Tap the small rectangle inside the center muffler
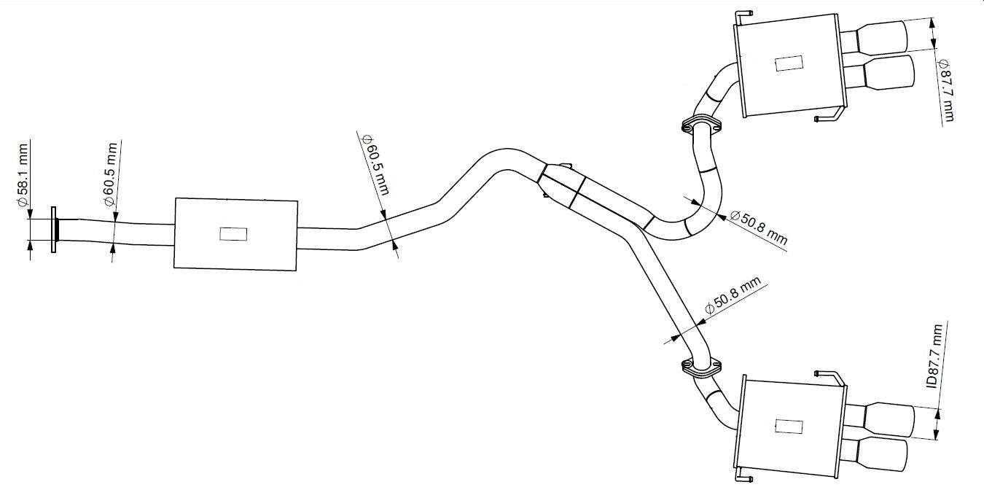coord(233,234)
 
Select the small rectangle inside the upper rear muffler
coord(789,64)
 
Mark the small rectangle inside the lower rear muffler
coord(788,427)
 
